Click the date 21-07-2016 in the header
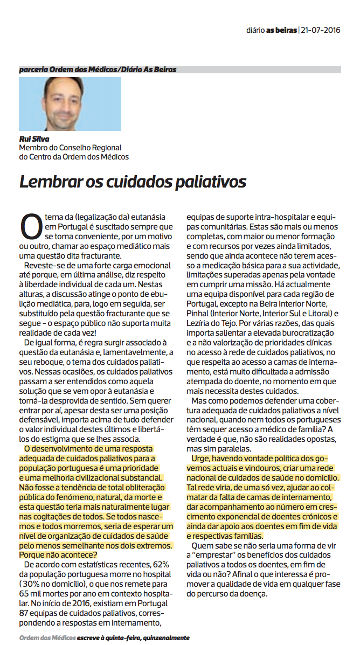321,31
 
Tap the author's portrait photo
70,103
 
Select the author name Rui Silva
34,138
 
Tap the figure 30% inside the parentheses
32,582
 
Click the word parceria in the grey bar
33,70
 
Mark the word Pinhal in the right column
199,313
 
